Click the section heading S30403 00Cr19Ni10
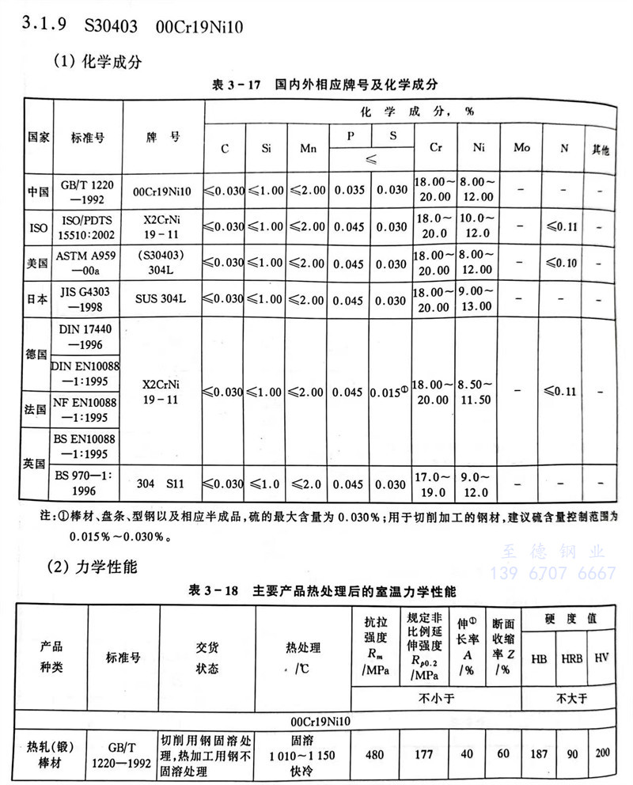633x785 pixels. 163,27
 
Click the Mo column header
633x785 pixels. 521,148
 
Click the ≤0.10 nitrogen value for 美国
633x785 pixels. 564,264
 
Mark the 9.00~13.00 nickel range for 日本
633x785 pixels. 478,300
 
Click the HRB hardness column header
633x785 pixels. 570,658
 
